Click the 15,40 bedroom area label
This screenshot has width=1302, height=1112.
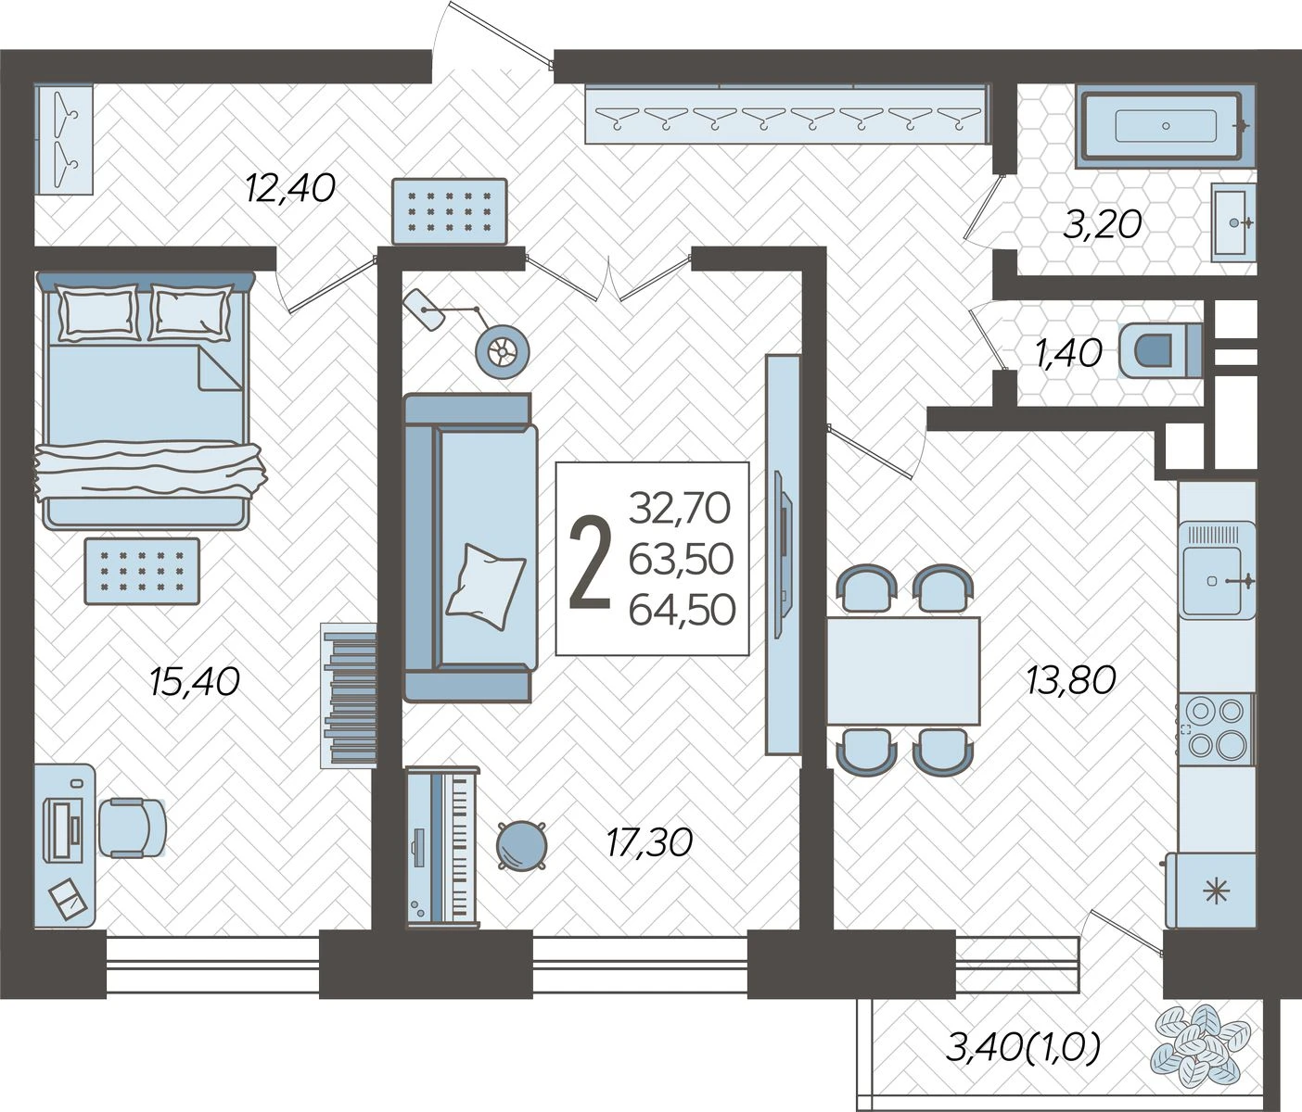pyautogui.click(x=194, y=681)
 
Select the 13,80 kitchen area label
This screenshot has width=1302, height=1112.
pyautogui.click(x=1071, y=679)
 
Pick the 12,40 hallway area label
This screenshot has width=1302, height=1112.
pyautogui.click(x=290, y=187)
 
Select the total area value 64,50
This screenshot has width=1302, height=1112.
pyautogui.click(x=683, y=609)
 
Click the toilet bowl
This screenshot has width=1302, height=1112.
pyautogui.click(x=1160, y=349)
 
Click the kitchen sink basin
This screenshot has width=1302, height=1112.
pyautogui.click(x=1211, y=580)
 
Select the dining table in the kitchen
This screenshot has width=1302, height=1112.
pyautogui.click(x=902, y=670)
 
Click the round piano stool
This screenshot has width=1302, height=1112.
pyautogui.click(x=521, y=846)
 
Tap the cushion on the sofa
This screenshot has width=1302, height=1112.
pyautogui.click(x=486, y=586)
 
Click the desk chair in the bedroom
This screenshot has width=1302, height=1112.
pyautogui.click(x=133, y=827)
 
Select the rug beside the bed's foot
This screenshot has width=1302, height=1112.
pyautogui.click(x=143, y=572)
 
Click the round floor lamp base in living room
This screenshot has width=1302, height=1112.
pyautogui.click(x=502, y=351)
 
